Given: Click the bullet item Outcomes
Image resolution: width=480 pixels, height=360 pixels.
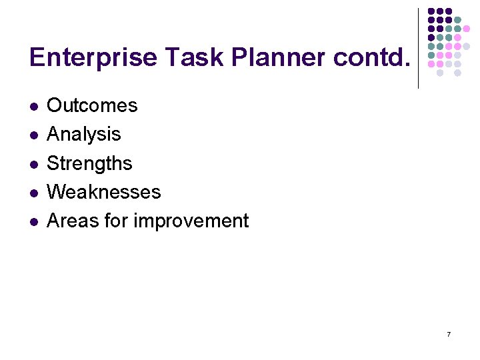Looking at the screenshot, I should click(92, 105).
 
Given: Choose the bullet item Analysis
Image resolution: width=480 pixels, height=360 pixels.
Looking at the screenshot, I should click(84, 134).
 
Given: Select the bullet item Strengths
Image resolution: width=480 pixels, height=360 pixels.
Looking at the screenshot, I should click(89, 163).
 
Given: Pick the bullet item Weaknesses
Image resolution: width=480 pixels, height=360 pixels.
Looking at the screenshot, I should click(104, 192).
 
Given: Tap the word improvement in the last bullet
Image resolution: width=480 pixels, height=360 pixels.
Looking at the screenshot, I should click(191, 221).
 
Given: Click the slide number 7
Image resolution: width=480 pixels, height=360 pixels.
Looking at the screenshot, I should click(449, 334).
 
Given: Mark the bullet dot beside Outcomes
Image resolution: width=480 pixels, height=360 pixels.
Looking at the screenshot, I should click(33, 106).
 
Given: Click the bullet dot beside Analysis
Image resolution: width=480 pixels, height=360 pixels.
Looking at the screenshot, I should click(33, 135).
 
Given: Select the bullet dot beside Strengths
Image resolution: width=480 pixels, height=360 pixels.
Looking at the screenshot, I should click(33, 164).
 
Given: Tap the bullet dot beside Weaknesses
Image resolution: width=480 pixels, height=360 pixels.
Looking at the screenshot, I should click(33, 193).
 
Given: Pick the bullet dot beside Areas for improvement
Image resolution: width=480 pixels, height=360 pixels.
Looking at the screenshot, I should click(33, 221).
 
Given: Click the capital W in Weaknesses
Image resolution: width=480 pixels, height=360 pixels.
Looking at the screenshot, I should click(55, 192).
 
